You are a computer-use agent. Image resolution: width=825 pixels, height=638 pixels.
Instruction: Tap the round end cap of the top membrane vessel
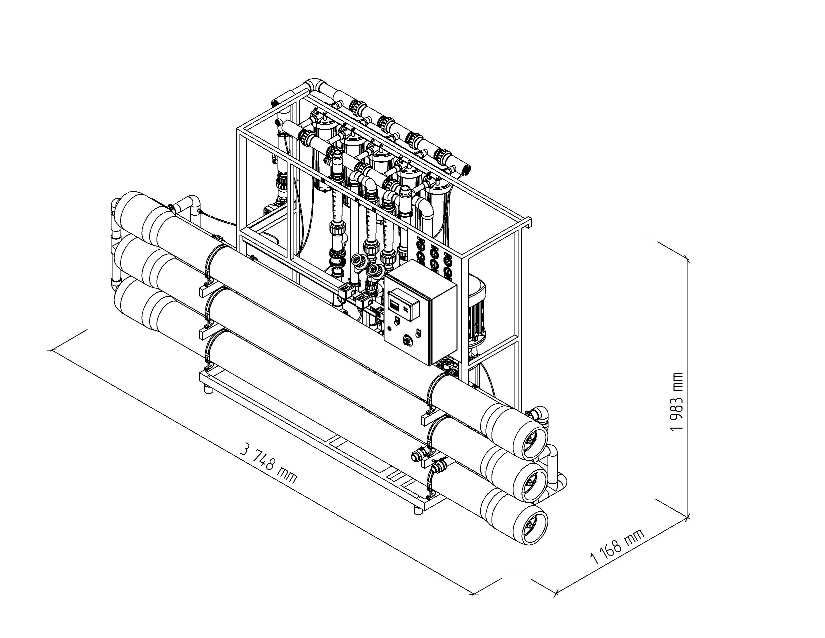[x=530, y=438]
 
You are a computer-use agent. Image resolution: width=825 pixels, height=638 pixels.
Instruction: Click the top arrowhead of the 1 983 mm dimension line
[x=687, y=260]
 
